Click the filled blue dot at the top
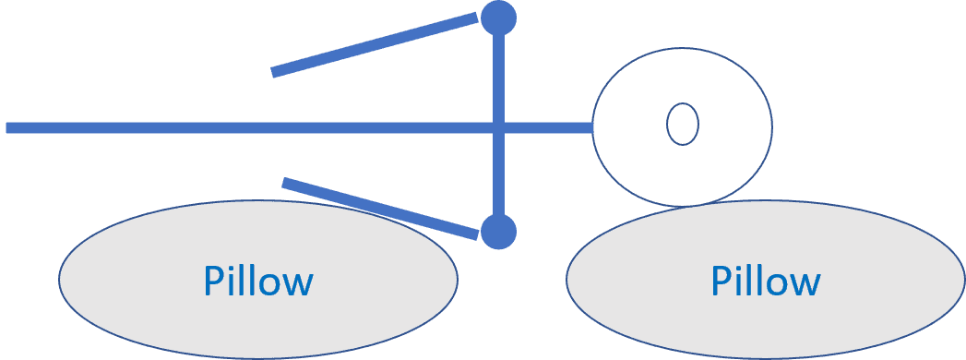point(498,18)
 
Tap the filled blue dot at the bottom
point(498,232)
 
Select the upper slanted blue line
point(375,44)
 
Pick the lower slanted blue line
point(380,209)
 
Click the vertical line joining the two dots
point(499,126)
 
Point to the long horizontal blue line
point(300,127)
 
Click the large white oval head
point(682,126)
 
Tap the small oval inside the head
point(683,124)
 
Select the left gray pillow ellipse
point(258,279)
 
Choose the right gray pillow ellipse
point(765,279)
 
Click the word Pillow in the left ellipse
point(258,281)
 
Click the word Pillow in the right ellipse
point(766,281)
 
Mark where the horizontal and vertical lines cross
point(499,127)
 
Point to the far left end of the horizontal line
point(6,127)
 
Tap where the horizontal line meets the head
point(592,127)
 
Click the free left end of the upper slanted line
point(273,72)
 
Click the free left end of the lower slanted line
point(283,183)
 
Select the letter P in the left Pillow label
point(214,281)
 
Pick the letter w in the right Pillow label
point(804,285)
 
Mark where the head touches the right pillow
point(683,205)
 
